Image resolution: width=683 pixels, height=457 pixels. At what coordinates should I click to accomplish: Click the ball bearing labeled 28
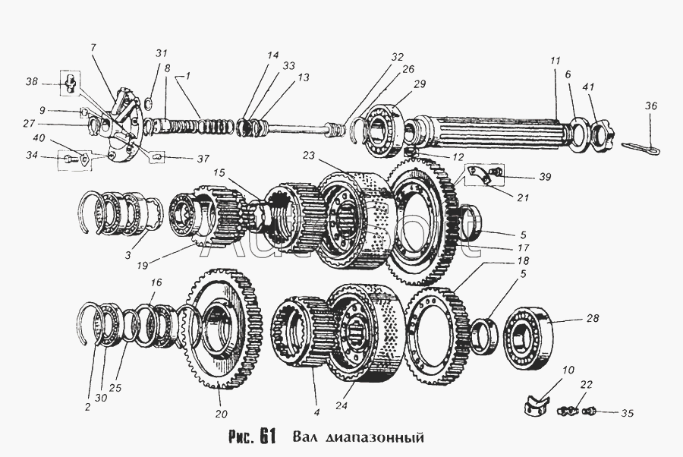point(524,328)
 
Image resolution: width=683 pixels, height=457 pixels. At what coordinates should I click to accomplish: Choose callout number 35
point(627,414)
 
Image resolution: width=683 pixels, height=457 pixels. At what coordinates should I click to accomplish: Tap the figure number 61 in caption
point(265,438)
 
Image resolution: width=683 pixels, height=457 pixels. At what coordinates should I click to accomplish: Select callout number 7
point(93,48)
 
